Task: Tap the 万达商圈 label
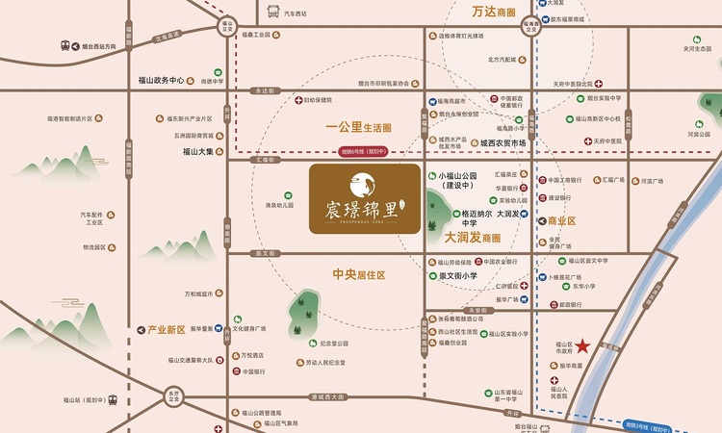tap(494, 13)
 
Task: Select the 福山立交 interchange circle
tap(227, 29)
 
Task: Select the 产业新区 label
tap(167, 329)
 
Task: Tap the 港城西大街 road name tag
tap(322, 396)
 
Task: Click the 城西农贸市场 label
tap(496, 143)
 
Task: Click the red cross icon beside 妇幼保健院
tap(299, 99)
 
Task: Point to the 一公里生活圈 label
tap(359, 127)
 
